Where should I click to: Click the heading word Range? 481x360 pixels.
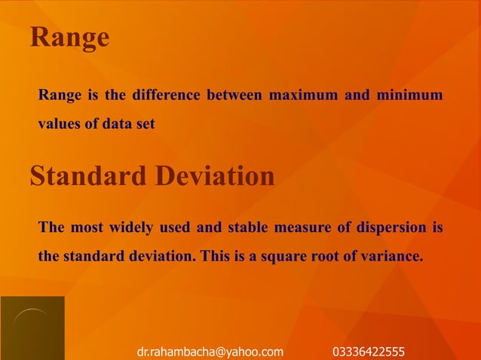(x=69, y=38)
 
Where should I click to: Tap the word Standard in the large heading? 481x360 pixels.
(x=88, y=176)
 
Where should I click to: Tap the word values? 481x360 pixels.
(x=59, y=124)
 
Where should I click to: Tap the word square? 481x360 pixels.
(x=283, y=255)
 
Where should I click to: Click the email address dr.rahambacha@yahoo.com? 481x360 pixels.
(x=210, y=351)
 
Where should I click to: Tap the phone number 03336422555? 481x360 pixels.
(x=369, y=351)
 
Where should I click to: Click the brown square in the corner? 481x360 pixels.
(x=32, y=328)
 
